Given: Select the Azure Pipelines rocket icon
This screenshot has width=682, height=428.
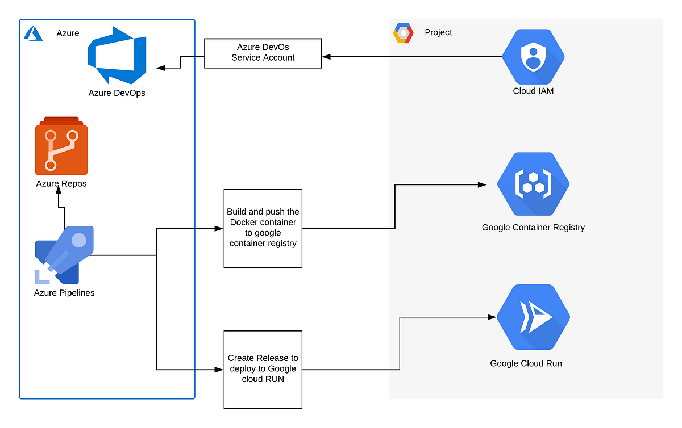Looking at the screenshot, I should [64, 255].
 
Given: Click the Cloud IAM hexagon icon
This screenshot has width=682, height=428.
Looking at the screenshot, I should [533, 57].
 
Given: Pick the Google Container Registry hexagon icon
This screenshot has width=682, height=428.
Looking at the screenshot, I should [533, 184].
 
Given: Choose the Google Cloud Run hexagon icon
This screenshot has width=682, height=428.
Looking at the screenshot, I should [533, 317].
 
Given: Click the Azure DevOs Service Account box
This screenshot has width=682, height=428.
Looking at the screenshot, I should [263, 53].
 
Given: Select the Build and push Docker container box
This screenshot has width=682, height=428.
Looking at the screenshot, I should [263, 228].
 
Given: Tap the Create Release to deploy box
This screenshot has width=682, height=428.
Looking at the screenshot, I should [263, 369].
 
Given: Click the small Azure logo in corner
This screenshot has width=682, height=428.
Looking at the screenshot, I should [34, 33].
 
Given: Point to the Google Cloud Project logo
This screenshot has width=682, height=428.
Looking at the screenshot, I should [404, 33].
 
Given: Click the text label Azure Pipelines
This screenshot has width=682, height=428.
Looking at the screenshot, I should [64, 293].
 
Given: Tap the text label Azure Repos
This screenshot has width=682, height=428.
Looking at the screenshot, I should [61, 183].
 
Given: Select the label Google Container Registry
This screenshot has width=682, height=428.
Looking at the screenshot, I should [533, 228].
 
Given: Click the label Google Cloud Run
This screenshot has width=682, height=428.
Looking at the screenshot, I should [526, 363].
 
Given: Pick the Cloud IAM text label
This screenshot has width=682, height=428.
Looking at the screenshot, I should [533, 91].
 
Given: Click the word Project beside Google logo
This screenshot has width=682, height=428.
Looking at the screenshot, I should [438, 32].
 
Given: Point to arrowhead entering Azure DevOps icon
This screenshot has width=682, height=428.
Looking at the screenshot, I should [160, 68].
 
